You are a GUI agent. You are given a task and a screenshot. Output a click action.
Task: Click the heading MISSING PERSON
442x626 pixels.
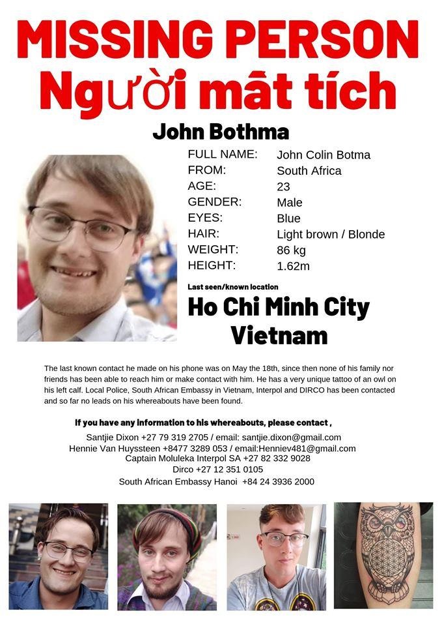tap(218, 39)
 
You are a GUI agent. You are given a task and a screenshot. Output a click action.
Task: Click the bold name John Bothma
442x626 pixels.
tap(221, 132)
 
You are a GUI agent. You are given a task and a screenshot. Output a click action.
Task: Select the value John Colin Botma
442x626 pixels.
tap(324, 155)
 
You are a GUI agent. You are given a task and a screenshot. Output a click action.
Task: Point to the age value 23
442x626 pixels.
tap(283, 186)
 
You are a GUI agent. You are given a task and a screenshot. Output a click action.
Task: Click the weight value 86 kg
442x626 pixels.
tap(291, 250)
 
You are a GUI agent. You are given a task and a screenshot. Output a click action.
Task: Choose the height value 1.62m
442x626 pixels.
tap(293, 265)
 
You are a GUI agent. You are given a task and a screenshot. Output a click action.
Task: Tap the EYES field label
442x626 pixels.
tap(205, 218)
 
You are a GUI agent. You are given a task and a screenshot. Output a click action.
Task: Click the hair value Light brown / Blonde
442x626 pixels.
tap(331, 234)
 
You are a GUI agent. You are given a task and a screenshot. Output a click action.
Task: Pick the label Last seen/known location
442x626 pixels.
tap(232, 287)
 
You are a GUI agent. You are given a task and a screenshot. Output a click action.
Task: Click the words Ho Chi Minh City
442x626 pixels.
tap(279, 307)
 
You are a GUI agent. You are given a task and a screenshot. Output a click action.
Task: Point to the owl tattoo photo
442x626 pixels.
tap(383, 555)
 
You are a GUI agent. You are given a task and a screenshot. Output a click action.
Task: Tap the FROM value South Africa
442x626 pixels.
tap(309, 171)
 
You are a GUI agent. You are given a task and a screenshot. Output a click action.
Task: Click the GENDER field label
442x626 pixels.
tap(214, 202)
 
